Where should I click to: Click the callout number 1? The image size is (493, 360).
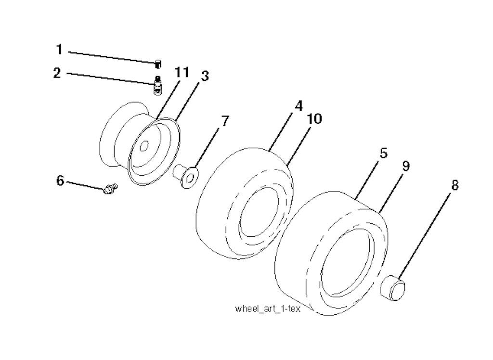[59, 50]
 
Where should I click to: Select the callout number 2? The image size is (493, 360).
[57, 73]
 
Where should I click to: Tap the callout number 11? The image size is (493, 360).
[182, 72]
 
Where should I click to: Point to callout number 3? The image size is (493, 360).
[205, 76]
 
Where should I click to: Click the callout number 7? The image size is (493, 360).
[225, 121]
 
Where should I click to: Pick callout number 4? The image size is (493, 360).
[298, 106]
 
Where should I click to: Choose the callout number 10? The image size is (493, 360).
[314, 119]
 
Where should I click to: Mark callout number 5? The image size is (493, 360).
[384, 153]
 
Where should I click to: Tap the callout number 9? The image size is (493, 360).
[406, 166]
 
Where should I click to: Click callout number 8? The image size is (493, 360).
[454, 185]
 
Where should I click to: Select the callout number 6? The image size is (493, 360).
[60, 181]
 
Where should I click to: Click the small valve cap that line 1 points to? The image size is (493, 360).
[158, 64]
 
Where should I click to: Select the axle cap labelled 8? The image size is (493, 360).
[392, 288]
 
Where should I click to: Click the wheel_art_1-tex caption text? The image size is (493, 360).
[268, 309]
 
